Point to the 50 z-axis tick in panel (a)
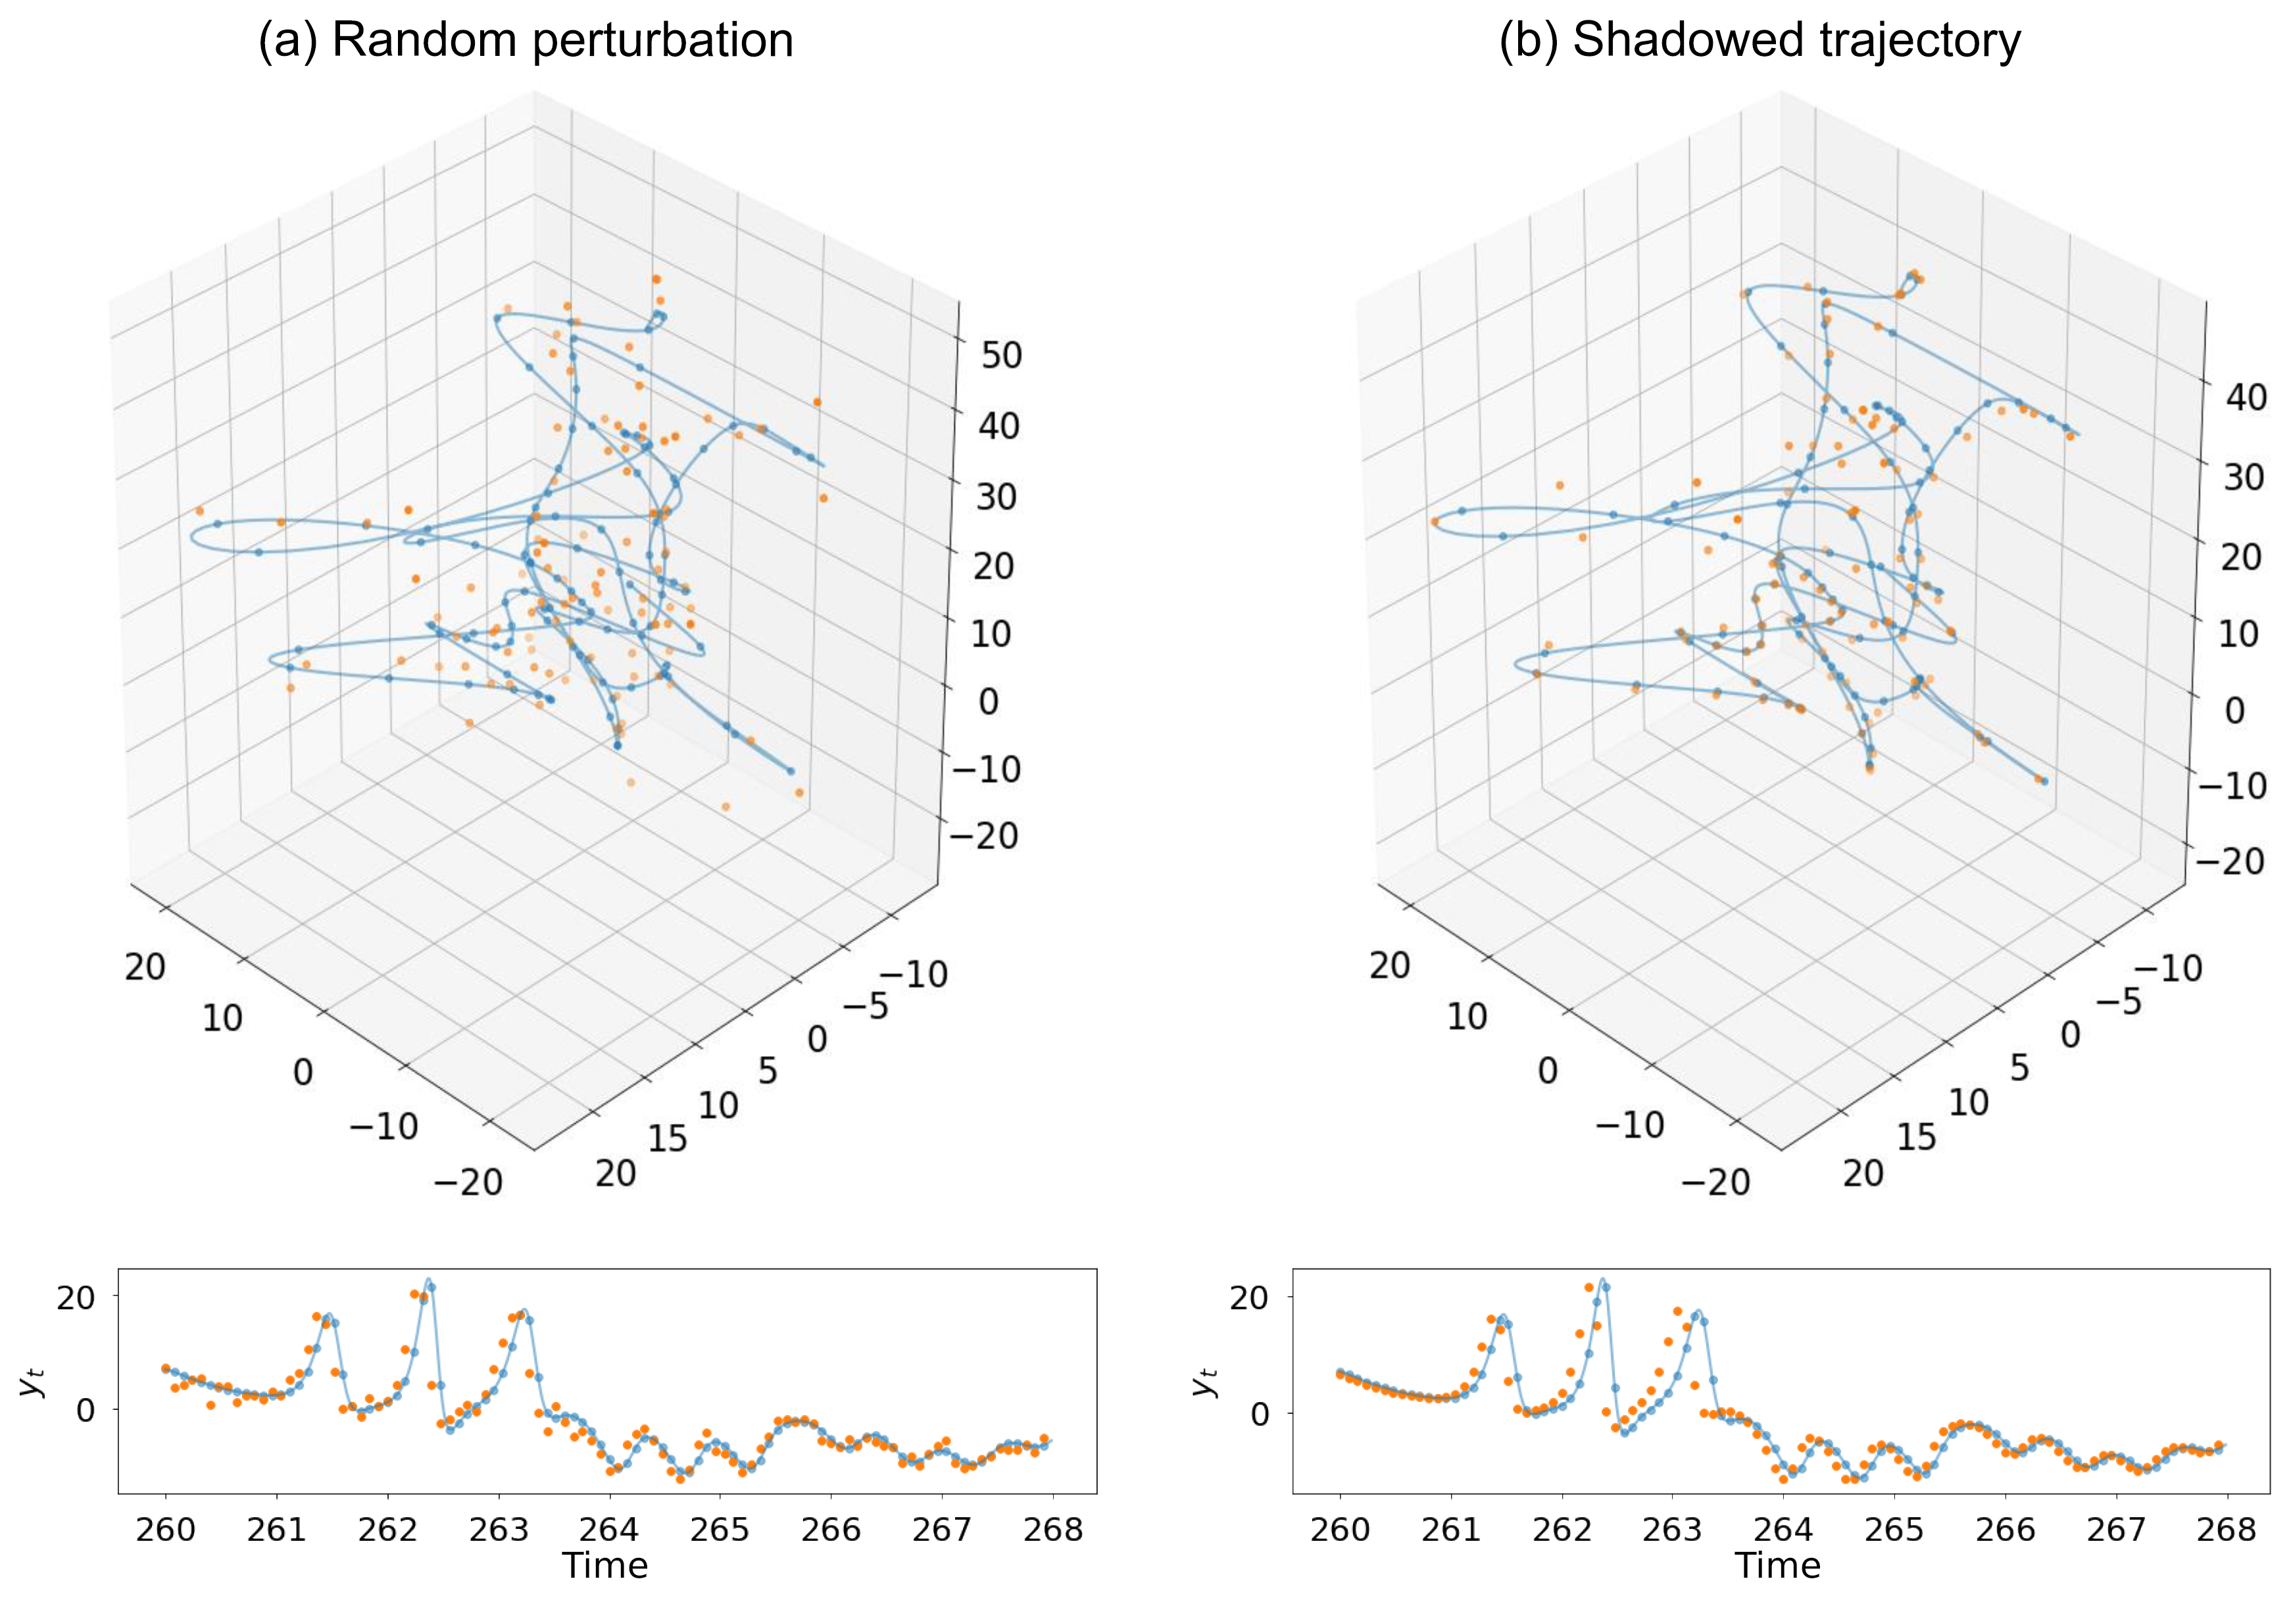1001,355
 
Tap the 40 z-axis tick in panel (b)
2245,398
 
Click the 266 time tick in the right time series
2005,1528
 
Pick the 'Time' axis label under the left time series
604,1565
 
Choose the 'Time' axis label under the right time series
1777,1565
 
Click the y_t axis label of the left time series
34,1382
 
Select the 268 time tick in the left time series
1052,1528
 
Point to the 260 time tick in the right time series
1339,1528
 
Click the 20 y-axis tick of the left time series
76,1297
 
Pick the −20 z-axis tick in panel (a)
985,836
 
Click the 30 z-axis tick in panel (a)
996,496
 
